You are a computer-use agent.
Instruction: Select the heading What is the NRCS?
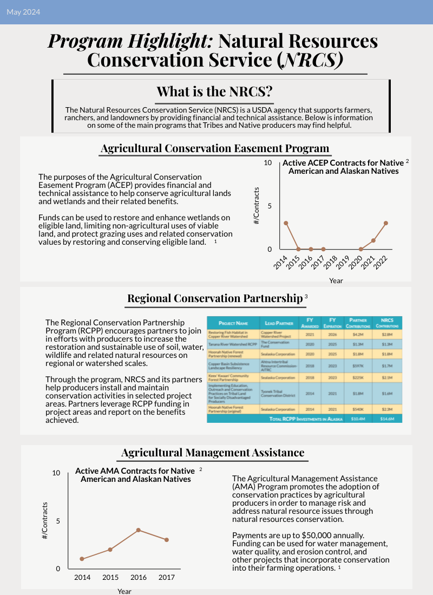pyautogui.click(x=214, y=91)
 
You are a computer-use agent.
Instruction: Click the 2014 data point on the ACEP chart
pyautogui.click(x=286, y=223)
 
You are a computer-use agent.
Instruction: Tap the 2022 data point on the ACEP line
pyautogui.click(x=386, y=223)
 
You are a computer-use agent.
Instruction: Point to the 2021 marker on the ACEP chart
pyautogui.click(x=373, y=240)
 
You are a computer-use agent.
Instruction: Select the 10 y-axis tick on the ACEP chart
pyautogui.click(x=267, y=162)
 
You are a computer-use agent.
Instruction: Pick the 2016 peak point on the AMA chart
pyautogui.click(x=139, y=530)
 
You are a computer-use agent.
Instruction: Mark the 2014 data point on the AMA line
pyautogui.click(x=82, y=559)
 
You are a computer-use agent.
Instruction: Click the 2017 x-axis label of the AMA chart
pyautogui.click(x=166, y=578)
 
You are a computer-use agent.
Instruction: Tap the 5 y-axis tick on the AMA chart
pyautogui.click(x=57, y=521)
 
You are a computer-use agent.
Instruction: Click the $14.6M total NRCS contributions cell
pyautogui.click(x=387, y=419)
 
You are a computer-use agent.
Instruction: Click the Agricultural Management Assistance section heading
pyautogui.click(x=213, y=453)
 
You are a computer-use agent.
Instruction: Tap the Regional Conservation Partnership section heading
pyautogui.click(x=214, y=298)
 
